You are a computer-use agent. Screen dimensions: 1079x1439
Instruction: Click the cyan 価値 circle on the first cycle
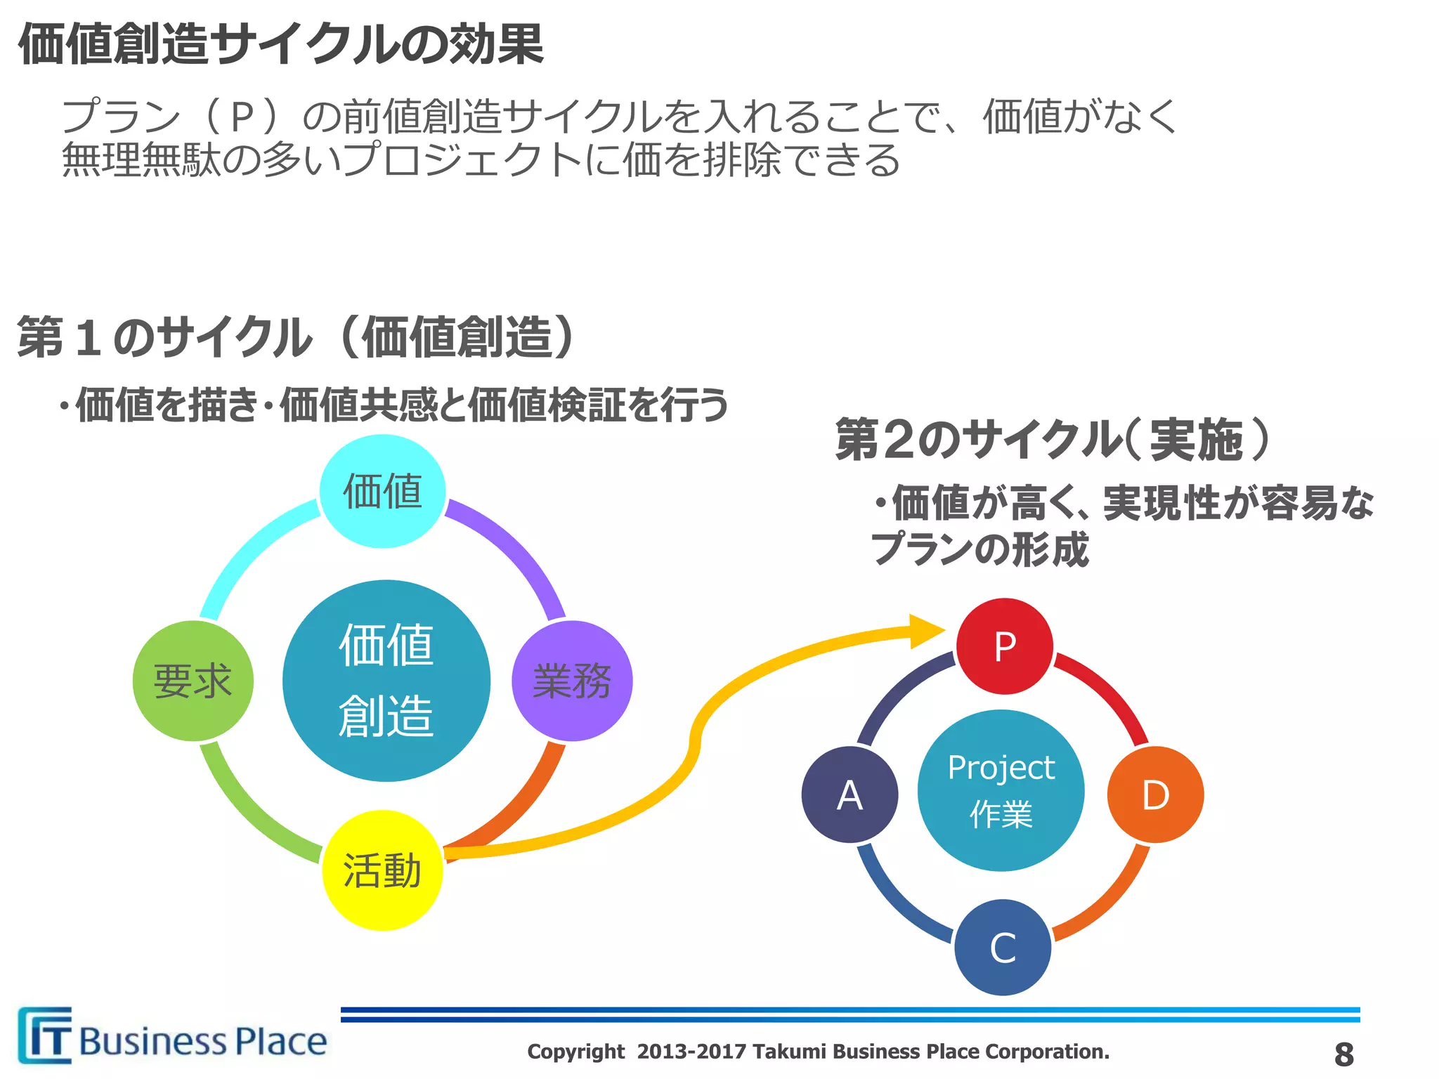pos(382,491)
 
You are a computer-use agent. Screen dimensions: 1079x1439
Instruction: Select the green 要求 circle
pos(193,681)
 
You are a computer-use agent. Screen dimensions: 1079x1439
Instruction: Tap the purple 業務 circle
pos(572,681)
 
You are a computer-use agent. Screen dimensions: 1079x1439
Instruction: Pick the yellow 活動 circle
pos(382,870)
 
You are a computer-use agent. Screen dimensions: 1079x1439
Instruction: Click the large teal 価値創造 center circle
pos(386,680)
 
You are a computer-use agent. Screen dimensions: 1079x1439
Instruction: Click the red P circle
pos(1005,646)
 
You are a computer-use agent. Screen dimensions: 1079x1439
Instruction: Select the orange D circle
pos(1155,795)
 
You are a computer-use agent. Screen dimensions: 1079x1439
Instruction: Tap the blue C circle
pos(1003,947)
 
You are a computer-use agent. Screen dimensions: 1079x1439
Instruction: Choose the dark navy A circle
pos(849,795)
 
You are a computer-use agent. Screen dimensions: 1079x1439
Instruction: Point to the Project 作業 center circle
pos(1001,790)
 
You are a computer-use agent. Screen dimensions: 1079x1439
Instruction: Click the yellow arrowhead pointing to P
pos(926,631)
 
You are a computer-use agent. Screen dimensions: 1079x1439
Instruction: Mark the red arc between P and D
pos(1111,693)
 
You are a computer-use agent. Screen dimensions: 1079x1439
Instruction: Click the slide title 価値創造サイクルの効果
pos(281,44)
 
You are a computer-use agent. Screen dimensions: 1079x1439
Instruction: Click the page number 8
pos(1343,1054)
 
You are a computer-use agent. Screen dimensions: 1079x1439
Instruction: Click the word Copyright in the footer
pos(575,1052)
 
